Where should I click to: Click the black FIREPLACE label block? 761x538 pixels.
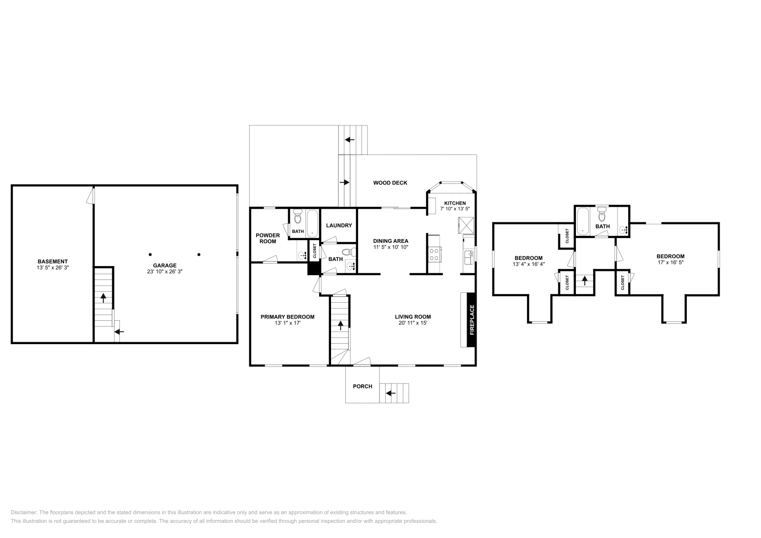click(471, 320)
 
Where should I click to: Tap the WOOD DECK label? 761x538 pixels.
click(390, 183)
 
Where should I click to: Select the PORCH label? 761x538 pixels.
click(362, 386)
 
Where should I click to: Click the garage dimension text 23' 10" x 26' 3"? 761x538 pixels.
click(165, 272)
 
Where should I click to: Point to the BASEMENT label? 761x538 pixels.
click(52, 261)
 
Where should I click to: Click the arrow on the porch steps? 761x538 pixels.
click(390, 393)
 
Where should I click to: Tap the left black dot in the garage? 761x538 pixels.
click(150, 254)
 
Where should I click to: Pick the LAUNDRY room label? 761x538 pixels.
click(339, 225)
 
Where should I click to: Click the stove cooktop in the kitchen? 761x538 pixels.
click(434, 254)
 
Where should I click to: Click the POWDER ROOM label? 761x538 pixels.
click(268, 238)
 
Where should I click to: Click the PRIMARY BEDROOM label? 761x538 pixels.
click(287, 317)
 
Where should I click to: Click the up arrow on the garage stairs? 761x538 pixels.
click(103, 298)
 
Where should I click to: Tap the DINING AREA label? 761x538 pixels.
click(390, 241)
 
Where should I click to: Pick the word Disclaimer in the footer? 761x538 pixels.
click(23, 513)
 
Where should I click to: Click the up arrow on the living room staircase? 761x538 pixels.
click(341, 325)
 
